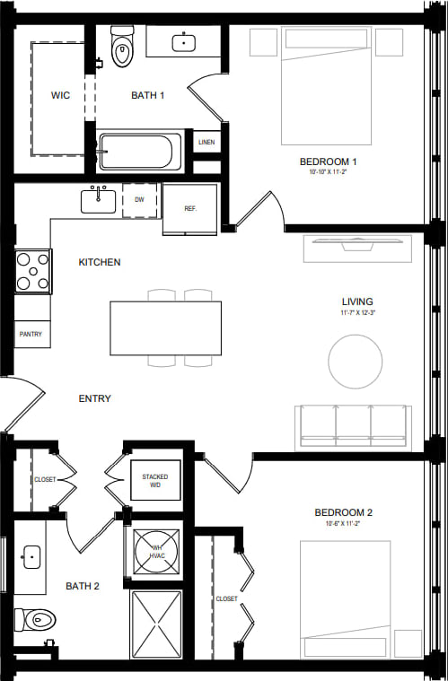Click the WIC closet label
click(x=60, y=95)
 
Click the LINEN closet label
click(x=206, y=143)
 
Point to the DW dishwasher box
click(x=140, y=200)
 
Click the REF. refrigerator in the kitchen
click(x=189, y=208)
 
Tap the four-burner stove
click(x=32, y=271)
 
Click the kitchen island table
click(x=165, y=327)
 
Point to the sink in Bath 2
click(x=31, y=558)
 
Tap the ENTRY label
click(x=94, y=398)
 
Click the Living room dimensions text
click(x=356, y=314)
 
